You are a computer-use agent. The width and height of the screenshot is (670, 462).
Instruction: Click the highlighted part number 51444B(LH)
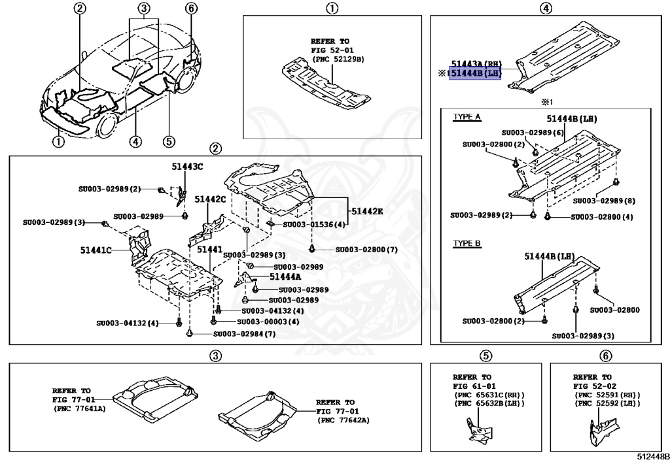[x=475, y=74]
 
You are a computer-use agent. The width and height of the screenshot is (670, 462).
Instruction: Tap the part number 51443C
[x=183, y=167]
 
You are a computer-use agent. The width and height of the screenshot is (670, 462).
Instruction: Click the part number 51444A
[x=285, y=276]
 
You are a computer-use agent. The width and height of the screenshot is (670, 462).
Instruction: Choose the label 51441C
[x=97, y=250]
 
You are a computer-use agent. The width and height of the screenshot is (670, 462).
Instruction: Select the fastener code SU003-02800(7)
[x=366, y=250]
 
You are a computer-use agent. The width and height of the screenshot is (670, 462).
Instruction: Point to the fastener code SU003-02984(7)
[x=244, y=334]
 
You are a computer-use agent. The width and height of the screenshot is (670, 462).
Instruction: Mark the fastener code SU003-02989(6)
[x=533, y=132]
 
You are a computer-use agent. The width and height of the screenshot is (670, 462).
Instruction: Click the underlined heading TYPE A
[x=467, y=118]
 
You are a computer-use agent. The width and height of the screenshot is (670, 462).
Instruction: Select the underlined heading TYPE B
[x=467, y=244]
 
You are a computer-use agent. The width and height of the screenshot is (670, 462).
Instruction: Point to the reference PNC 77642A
[x=344, y=420]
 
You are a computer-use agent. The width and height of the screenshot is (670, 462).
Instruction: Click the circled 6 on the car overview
[x=190, y=8]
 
